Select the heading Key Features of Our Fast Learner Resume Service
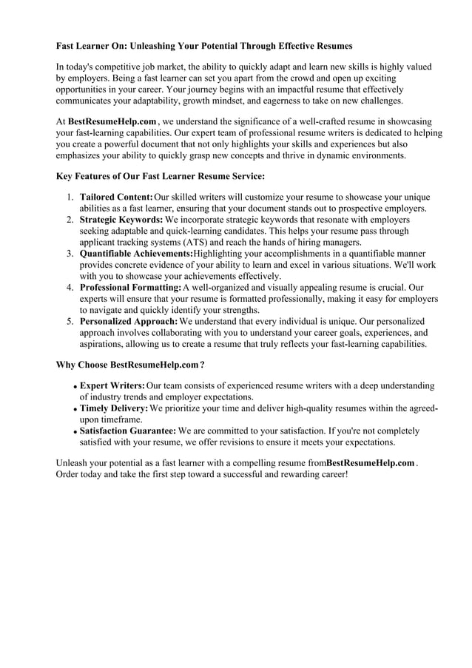click(x=161, y=176)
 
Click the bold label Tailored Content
click(x=116, y=198)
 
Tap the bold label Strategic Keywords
click(x=121, y=220)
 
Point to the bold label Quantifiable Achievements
click(x=136, y=253)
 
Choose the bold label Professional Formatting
click(x=130, y=287)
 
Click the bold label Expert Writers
click(x=112, y=385)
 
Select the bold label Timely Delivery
click(x=113, y=408)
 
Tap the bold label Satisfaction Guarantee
click(x=127, y=431)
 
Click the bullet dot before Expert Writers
click(x=75, y=387)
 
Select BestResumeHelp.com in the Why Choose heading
click(x=154, y=365)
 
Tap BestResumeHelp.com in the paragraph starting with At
click(x=112, y=121)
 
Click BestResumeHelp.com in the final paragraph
click(x=370, y=462)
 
